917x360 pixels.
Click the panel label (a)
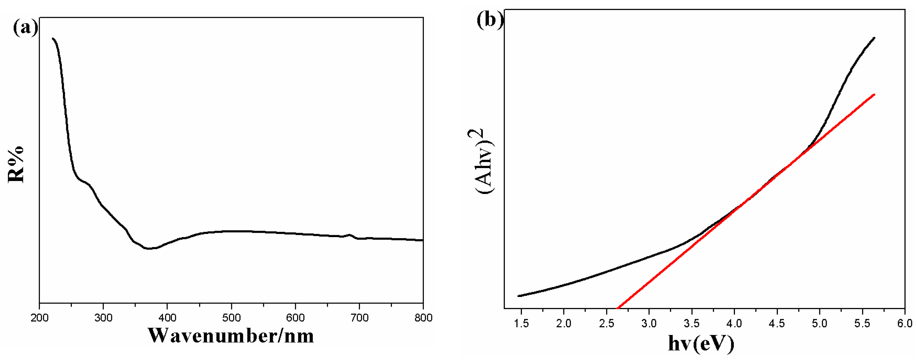pyautogui.click(x=25, y=28)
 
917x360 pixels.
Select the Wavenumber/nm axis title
pyautogui.click(x=231, y=336)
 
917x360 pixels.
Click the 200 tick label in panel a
pyautogui.click(x=39, y=318)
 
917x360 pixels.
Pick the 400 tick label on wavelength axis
pyautogui.click(x=167, y=318)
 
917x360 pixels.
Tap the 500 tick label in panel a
pyautogui.click(x=231, y=318)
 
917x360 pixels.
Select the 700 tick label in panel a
pyautogui.click(x=359, y=318)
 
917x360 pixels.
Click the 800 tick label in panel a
pyautogui.click(x=423, y=318)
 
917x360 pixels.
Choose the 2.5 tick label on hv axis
pyautogui.click(x=606, y=323)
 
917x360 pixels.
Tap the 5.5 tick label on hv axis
pyautogui.click(x=862, y=323)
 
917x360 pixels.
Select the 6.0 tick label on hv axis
pyautogui.click(x=905, y=323)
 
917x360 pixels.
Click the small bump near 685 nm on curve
pyautogui.click(x=350, y=235)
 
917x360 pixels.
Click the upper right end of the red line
pyautogui.click(x=874, y=95)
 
